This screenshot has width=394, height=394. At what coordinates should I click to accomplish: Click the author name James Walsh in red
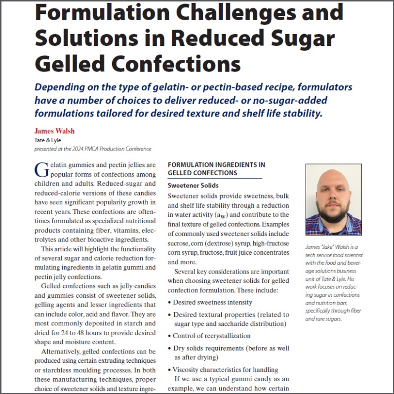point(55,131)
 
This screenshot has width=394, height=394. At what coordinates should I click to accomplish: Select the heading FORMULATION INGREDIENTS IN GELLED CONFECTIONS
point(216,169)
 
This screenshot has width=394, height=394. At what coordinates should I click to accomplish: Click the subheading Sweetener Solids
point(193,186)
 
